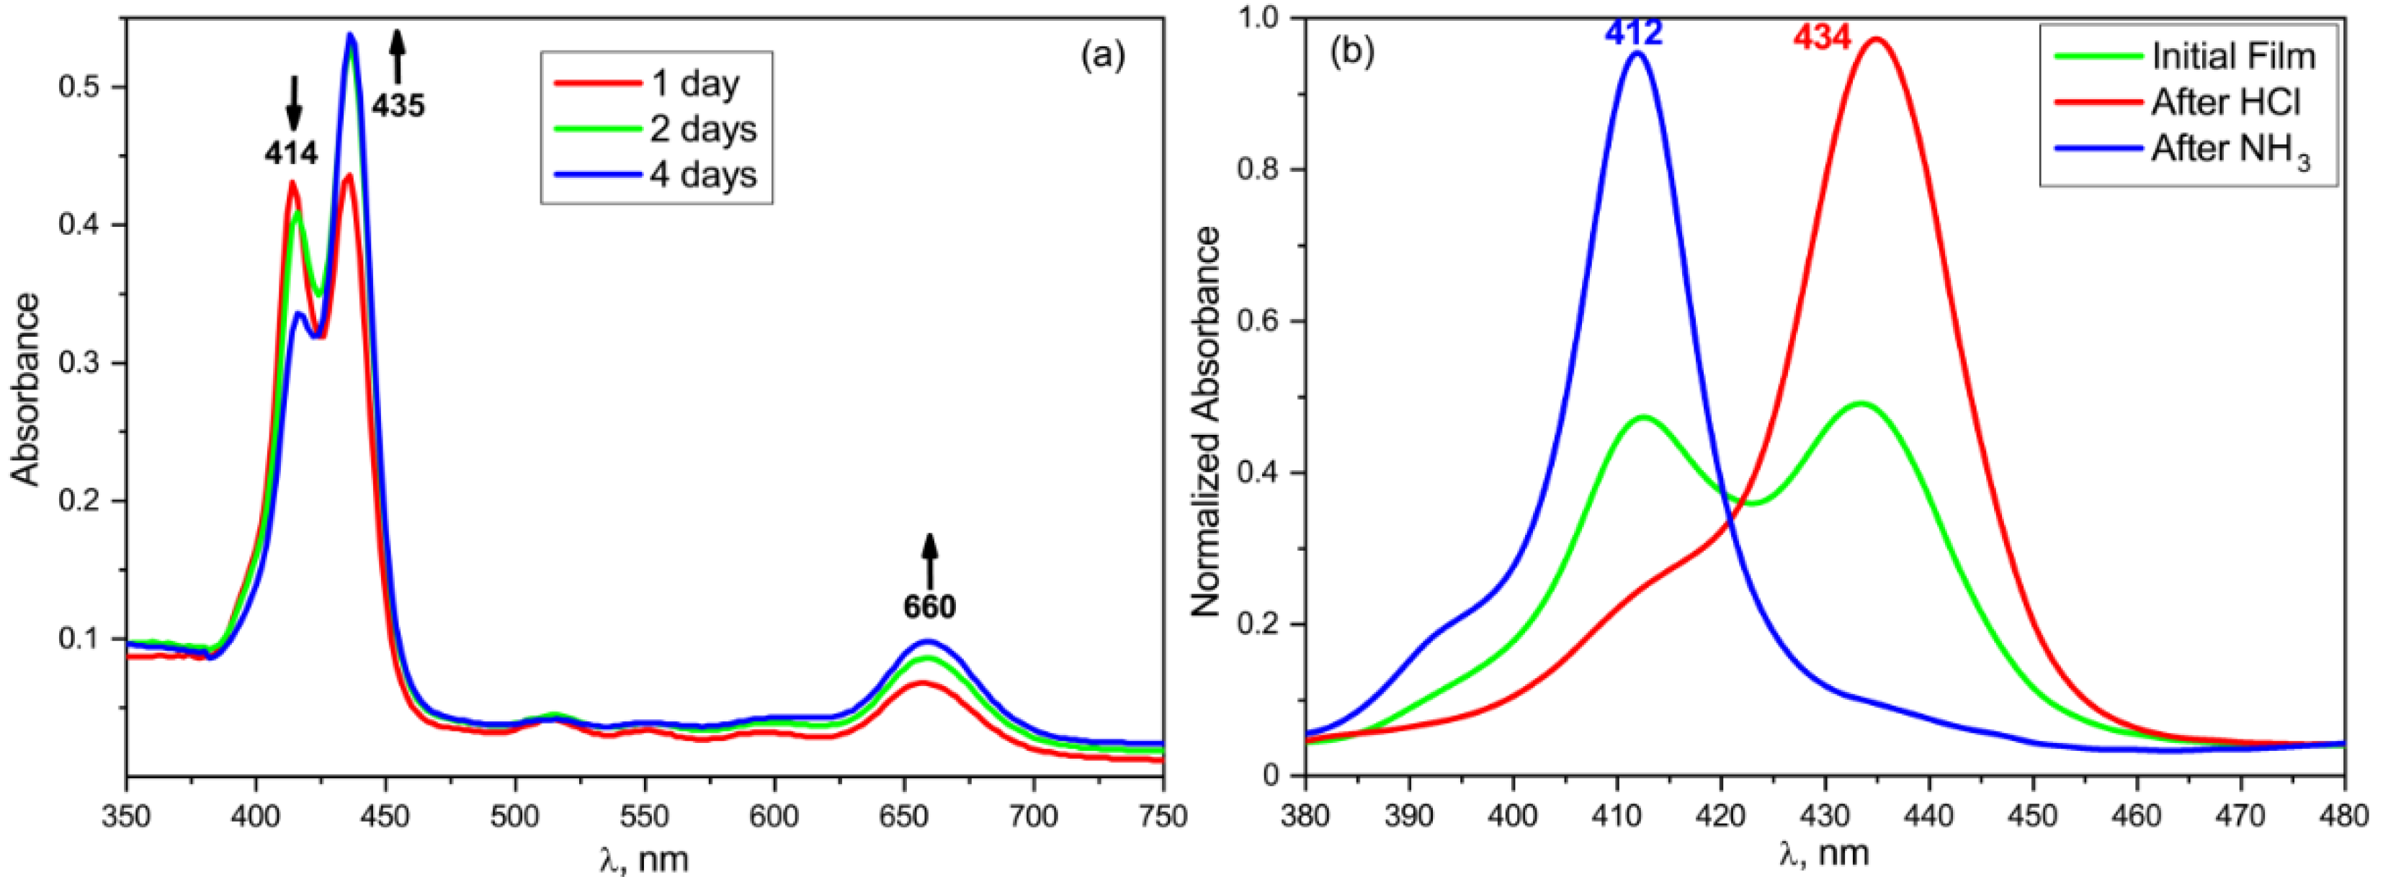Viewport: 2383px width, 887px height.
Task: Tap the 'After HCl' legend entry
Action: pos(2225,102)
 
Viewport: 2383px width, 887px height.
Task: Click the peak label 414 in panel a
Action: pos(292,153)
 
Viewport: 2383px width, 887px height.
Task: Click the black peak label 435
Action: pos(398,107)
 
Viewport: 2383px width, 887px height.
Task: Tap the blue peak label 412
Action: pos(1634,33)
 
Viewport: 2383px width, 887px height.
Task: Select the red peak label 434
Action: pos(1822,38)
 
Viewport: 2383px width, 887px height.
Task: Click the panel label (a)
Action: pos(1103,55)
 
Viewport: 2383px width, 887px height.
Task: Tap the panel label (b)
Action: pos(1351,52)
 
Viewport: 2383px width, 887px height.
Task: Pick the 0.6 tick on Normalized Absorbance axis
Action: pos(1257,321)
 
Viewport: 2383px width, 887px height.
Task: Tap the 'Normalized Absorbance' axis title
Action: pos(1207,422)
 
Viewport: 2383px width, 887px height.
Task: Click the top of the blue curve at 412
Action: pos(1638,79)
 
